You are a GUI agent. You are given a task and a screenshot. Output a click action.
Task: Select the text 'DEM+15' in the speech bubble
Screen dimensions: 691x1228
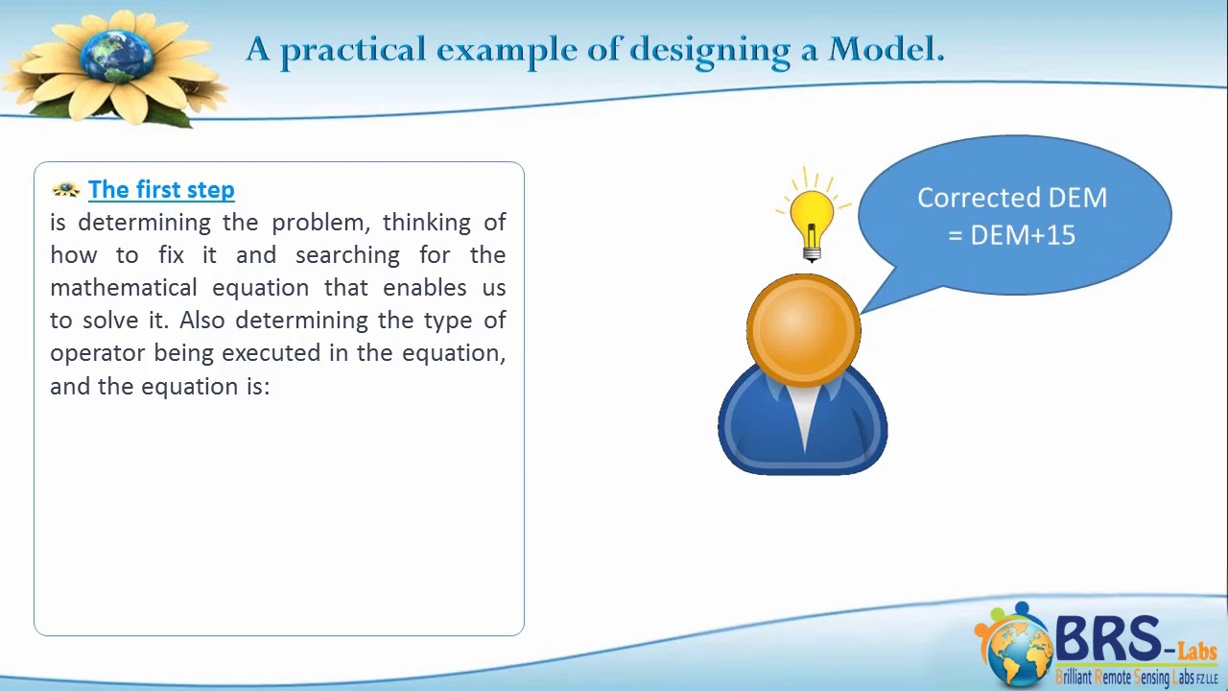[1023, 235]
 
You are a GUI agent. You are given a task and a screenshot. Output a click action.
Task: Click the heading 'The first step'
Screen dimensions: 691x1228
[161, 189]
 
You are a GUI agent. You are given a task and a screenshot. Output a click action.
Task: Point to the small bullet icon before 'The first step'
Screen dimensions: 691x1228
[65, 189]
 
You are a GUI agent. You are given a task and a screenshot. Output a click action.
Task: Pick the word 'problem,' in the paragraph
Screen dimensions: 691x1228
[320, 223]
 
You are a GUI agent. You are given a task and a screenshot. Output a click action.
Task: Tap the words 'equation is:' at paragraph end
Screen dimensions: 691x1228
[205, 386]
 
